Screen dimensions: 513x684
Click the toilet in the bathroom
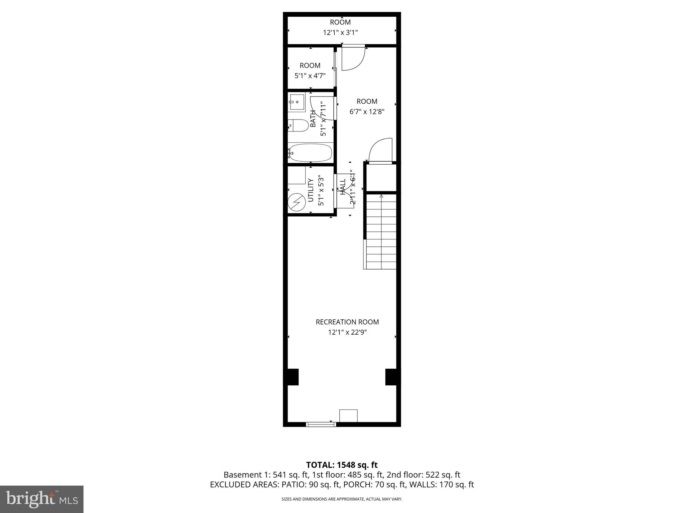pyautogui.click(x=299, y=126)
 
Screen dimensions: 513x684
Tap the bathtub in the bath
pyautogui.click(x=310, y=153)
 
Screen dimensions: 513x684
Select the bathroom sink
pyautogui.click(x=297, y=102)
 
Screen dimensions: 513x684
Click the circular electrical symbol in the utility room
pyautogui.click(x=297, y=202)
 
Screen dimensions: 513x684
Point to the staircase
pyautogui.click(x=381, y=232)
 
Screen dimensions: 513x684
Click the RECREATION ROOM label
pyautogui.click(x=347, y=322)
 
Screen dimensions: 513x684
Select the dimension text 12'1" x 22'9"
pyautogui.click(x=347, y=332)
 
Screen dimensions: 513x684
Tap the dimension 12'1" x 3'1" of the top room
pyautogui.click(x=340, y=33)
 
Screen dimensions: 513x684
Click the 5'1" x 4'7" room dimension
pyautogui.click(x=310, y=76)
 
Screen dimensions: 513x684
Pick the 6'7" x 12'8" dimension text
pyautogui.click(x=367, y=112)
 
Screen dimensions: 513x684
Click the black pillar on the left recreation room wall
pyautogui.click(x=291, y=377)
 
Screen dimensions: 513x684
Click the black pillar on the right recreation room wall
pyautogui.click(x=392, y=377)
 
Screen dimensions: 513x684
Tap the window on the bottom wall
pyautogui.click(x=321, y=424)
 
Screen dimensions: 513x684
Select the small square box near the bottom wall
pyautogui.click(x=348, y=416)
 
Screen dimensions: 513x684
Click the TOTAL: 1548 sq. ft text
pyautogui.click(x=342, y=465)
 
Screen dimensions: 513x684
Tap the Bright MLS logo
pyautogui.click(x=42, y=499)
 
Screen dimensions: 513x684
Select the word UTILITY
pyautogui.click(x=311, y=190)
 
